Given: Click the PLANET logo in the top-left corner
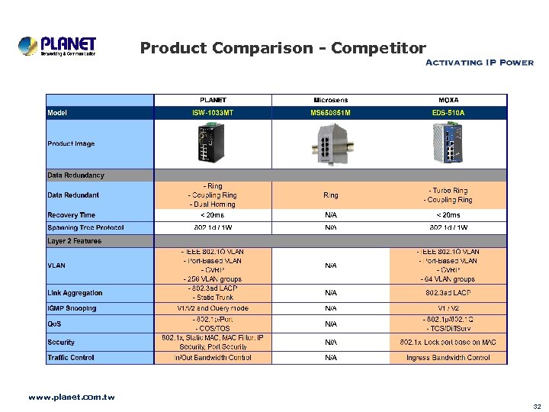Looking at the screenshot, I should pyautogui.click(x=57, y=46).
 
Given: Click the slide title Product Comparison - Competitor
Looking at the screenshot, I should pyautogui.click(x=283, y=49).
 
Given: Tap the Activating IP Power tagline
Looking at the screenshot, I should pyautogui.click(x=478, y=63).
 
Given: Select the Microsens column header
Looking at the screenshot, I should pyautogui.click(x=330, y=100).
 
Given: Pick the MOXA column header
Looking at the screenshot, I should pyautogui.click(x=448, y=100).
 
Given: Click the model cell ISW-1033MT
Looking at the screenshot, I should pyautogui.click(x=213, y=113).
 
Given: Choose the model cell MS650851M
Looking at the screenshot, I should pyautogui.click(x=330, y=113).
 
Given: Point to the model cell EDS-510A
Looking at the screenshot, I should pyautogui.click(x=448, y=113).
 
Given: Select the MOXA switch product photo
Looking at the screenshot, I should pyautogui.click(x=448, y=144).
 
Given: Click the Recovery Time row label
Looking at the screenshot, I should pyautogui.click(x=72, y=215).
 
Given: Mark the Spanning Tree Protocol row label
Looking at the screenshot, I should pyautogui.click(x=85, y=227).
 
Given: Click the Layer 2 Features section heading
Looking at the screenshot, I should pyautogui.click(x=75, y=241).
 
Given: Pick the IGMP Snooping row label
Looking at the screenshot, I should pyautogui.click(x=72, y=308).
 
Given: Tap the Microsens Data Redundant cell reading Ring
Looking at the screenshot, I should pyautogui.click(x=330, y=195).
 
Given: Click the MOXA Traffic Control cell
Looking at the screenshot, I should pyautogui.click(x=448, y=357).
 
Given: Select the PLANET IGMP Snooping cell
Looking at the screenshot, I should pyautogui.click(x=213, y=308).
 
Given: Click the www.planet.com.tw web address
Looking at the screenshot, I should pyautogui.click(x=71, y=397).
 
